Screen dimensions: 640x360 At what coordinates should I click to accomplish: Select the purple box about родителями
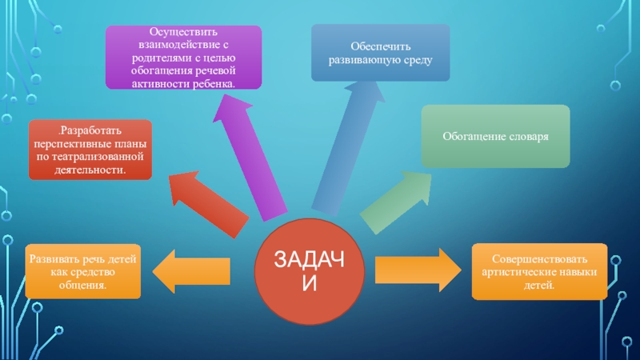[x=184, y=56]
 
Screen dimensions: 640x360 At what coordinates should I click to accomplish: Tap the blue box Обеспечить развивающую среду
[x=380, y=52]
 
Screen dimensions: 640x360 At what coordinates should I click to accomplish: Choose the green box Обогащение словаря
[x=496, y=136]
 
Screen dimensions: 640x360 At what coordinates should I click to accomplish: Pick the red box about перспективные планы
[x=90, y=150]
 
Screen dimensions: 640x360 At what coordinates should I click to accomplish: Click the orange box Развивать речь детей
[x=83, y=270]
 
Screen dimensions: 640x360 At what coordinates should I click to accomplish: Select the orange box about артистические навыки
[x=540, y=271]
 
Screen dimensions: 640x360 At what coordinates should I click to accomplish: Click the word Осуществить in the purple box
[x=184, y=30]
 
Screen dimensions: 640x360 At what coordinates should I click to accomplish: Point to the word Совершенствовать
[x=540, y=259]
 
